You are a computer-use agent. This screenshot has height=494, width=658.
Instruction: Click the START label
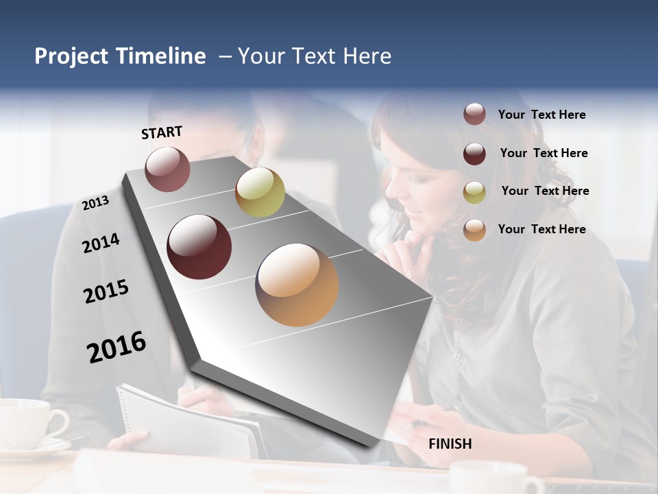click(162, 132)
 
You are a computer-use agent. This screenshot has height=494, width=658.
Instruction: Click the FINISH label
click(450, 444)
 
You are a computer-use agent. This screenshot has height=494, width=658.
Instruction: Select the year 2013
click(95, 203)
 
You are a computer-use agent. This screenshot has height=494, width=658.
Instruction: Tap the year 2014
click(101, 243)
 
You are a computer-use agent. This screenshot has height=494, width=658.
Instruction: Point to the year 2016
click(117, 347)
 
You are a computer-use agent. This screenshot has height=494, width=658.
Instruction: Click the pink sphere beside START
click(167, 169)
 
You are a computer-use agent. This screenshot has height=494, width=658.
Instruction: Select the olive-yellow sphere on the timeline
click(260, 192)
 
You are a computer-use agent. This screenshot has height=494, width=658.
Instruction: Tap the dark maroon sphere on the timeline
click(199, 247)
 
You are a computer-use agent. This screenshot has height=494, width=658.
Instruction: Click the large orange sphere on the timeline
click(297, 284)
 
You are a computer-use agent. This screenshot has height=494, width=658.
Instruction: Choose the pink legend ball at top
click(474, 114)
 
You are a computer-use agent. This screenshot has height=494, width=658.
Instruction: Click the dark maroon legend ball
click(474, 153)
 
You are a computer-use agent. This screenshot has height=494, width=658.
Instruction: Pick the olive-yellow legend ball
click(474, 191)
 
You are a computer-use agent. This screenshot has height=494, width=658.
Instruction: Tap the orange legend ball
click(474, 230)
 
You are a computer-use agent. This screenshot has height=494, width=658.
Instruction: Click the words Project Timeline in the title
click(120, 56)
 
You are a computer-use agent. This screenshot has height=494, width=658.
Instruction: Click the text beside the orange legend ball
click(541, 229)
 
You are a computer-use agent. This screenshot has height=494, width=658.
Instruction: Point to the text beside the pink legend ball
click(541, 115)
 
